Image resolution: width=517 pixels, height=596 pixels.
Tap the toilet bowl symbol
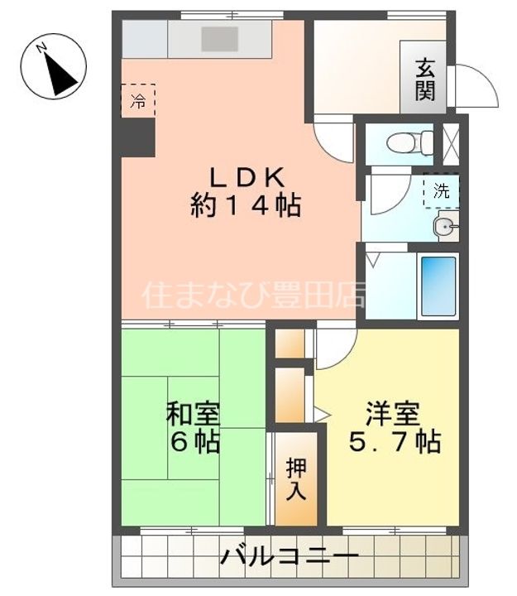[409, 143]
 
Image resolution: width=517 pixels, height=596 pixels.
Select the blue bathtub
[438, 286]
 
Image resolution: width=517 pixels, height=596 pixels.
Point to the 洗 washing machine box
[442, 191]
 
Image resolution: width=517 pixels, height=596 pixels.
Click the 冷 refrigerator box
[138, 101]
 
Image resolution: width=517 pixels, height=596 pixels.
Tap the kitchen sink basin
[220, 39]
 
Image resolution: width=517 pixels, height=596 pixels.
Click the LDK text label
[247, 177]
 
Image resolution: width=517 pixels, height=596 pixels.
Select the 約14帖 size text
[246, 205]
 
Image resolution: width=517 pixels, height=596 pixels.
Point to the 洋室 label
[393, 414]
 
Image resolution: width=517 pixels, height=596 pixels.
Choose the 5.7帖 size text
[395, 442]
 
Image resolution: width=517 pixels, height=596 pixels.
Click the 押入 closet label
[296, 479]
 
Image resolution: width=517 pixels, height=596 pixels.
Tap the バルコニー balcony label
[290, 557]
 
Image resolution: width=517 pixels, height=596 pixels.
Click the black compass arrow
[60, 74]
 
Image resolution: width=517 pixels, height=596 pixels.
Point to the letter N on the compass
[41, 48]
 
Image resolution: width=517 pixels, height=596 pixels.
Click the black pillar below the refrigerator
[138, 137]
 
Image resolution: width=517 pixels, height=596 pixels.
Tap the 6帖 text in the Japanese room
[195, 442]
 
